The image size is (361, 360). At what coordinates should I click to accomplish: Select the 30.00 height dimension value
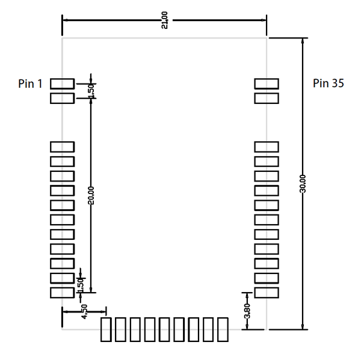(x=303, y=184)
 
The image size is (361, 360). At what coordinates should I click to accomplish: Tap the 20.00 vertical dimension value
(x=91, y=195)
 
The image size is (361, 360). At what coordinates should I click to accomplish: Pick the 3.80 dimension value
(x=247, y=311)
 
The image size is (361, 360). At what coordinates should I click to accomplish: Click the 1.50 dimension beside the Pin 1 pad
(x=91, y=90)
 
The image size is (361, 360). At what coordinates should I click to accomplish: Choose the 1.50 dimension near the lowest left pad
(x=79, y=285)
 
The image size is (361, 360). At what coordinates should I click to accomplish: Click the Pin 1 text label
(x=30, y=84)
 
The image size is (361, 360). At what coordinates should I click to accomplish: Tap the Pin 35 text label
(x=329, y=84)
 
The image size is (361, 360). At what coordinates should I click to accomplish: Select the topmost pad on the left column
(x=62, y=84)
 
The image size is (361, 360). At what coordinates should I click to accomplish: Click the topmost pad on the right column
(x=267, y=84)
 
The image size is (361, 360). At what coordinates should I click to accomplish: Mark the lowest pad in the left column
(x=62, y=292)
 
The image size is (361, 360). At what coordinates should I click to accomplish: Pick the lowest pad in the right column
(x=267, y=292)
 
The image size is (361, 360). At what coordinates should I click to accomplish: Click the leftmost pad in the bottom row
(x=106, y=330)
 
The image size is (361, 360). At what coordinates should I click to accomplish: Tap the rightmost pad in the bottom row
(x=223, y=330)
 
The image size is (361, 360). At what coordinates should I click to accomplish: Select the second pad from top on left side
(x=62, y=98)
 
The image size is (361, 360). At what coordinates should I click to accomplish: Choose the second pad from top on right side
(x=267, y=98)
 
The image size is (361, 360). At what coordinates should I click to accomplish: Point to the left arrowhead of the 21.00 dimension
(x=66, y=20)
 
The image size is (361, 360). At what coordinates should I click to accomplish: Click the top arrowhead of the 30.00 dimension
(x=302, y=41)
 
